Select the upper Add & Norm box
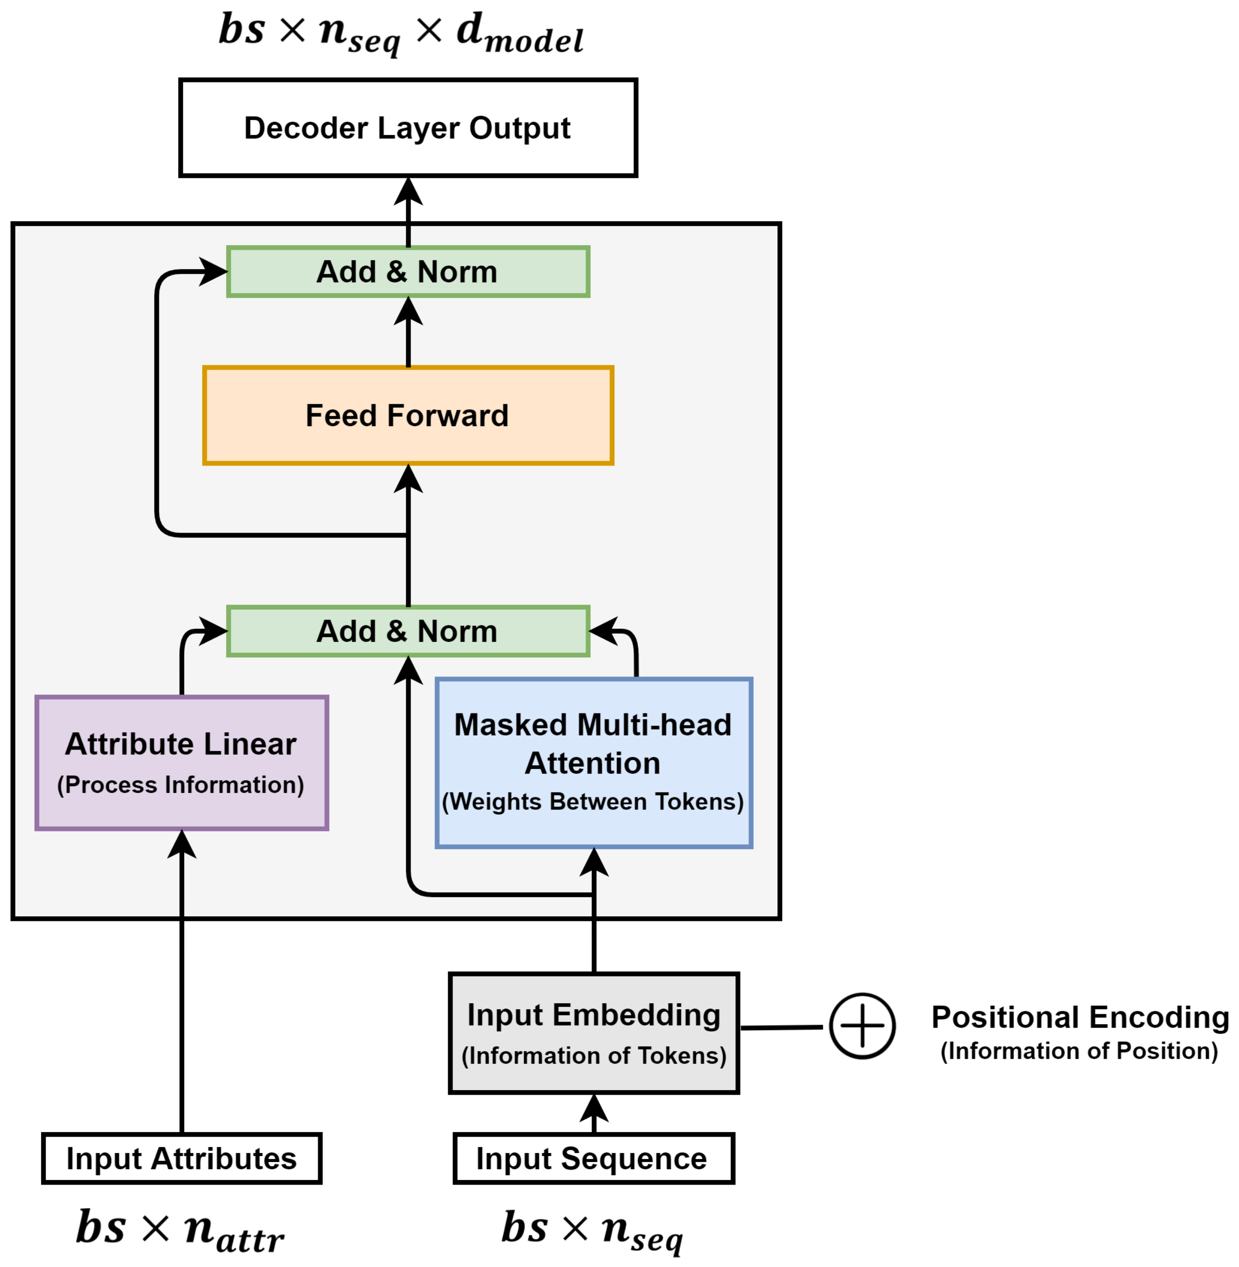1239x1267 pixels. (408, 271)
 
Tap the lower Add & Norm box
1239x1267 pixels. (408, 631)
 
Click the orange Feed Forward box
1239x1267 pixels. (408, 415)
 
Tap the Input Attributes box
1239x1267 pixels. (181, 1158)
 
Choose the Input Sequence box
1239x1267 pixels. (594, 1158)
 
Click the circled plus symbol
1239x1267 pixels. (862, 1026)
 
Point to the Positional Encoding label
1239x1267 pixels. (1080, 1017)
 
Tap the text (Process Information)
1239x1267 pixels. (181, 784)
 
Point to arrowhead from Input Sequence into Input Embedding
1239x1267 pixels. (594, 1108)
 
